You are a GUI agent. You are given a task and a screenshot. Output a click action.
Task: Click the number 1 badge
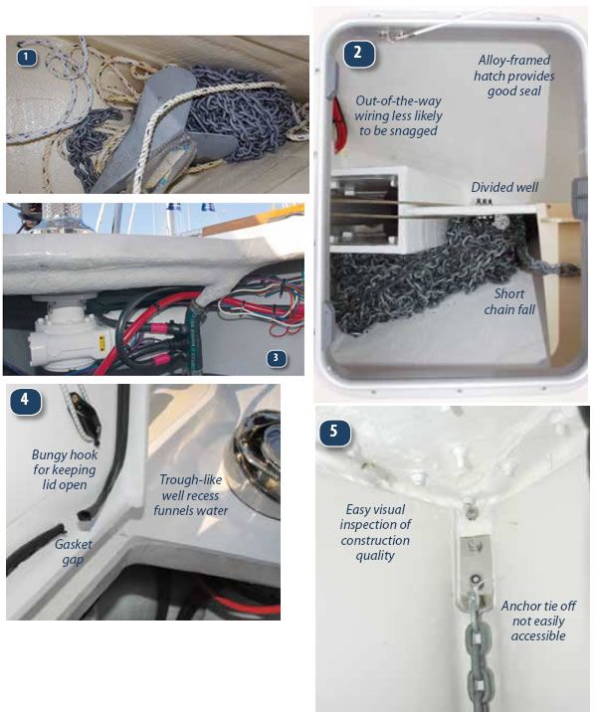click(26, 58)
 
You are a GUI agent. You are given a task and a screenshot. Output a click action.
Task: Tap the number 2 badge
click(359, 53)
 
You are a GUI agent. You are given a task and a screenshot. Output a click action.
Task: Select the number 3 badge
click(277, 358)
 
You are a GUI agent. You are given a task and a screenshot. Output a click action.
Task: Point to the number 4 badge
click(26, 400)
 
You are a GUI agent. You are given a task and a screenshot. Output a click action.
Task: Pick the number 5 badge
click(334, 431)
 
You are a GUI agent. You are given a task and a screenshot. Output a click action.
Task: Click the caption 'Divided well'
click(504, 187)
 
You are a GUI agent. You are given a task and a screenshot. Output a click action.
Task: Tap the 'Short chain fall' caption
click(509, 301)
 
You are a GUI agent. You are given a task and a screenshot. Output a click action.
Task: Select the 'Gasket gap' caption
click(73, 552)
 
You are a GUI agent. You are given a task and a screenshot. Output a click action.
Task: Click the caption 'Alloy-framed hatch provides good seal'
click(513, 76)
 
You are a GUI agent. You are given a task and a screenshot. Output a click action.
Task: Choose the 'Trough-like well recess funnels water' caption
click(191, 495)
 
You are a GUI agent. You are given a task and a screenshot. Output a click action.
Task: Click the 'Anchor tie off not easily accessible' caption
click(538, 621)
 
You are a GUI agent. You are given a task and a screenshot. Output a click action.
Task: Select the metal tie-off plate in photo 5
click(475, 572)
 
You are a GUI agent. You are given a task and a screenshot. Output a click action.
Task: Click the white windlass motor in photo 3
click(68, 329)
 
